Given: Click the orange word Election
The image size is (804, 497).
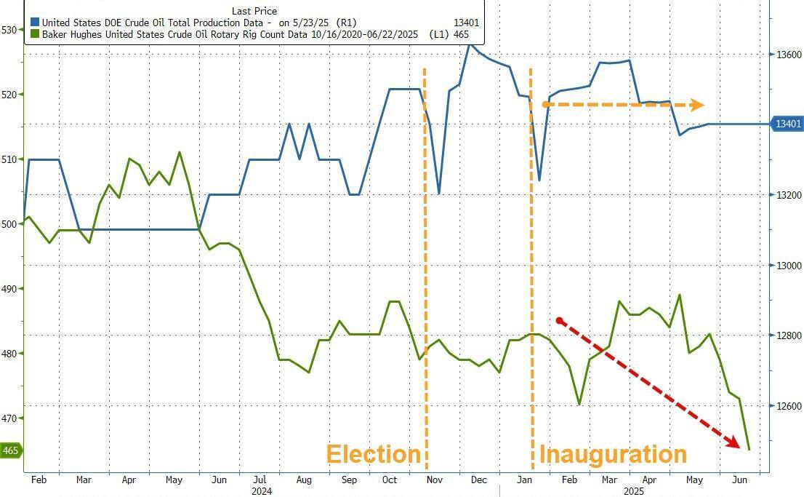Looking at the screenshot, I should pos(374,454).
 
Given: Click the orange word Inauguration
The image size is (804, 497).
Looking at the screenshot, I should pos(613,454).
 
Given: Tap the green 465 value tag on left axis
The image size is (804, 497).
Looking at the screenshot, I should pos(11,450).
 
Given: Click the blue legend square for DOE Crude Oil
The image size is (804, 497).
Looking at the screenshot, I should pos(33,23).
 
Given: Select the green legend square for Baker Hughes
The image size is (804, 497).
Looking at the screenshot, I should pos(33,33).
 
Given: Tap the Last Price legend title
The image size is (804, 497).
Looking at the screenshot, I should pos(254,11).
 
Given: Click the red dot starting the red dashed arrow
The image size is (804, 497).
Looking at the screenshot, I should pos(559,320).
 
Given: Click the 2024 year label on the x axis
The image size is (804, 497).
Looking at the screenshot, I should pos(261,492).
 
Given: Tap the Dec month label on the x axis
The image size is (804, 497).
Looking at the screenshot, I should pos(478,480).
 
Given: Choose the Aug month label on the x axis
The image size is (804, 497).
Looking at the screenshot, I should pos(304,480).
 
